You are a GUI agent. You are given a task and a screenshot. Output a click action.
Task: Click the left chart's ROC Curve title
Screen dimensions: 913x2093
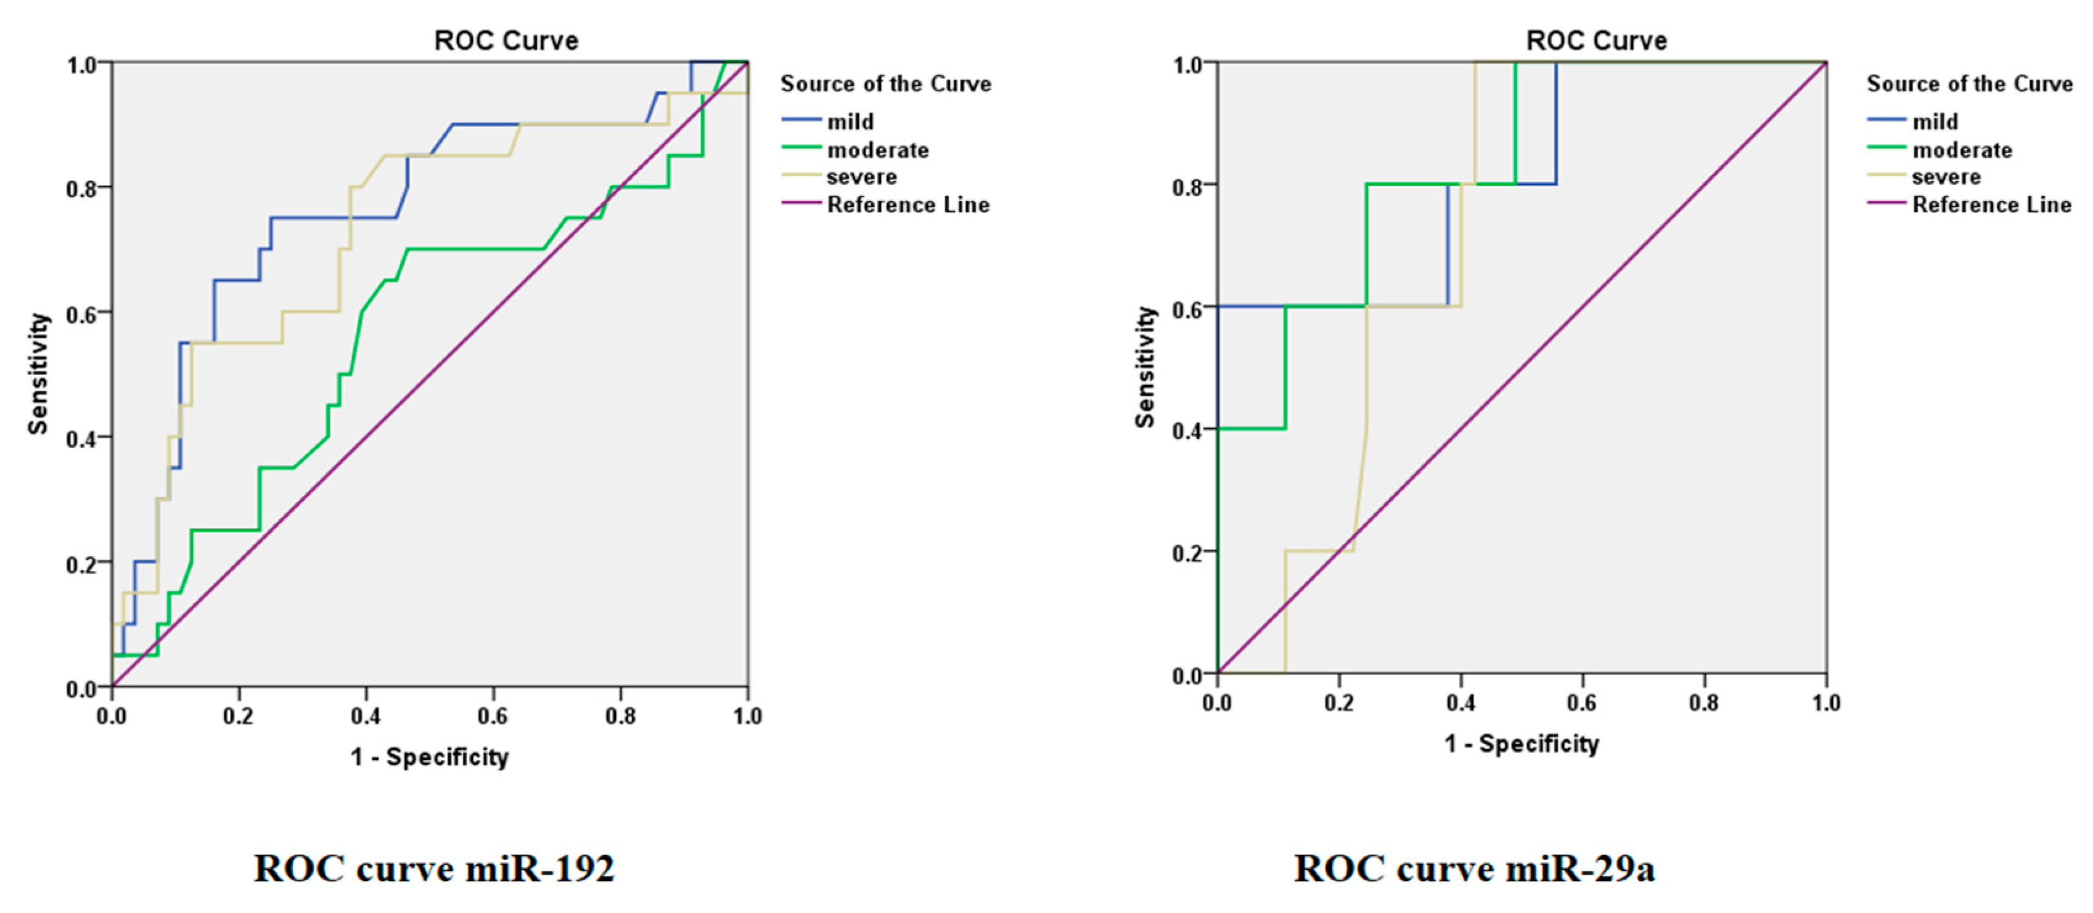click(506, 40)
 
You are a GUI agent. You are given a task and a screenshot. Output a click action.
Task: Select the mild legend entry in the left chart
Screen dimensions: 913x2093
click(850, 122)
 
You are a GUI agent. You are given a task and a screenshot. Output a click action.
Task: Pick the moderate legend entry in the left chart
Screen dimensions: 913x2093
click(877, 150)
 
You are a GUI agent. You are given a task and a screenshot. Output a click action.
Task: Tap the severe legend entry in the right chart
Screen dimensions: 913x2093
click(1945, 177)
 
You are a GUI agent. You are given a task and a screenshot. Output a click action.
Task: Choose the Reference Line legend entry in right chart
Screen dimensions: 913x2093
click(1991, 205)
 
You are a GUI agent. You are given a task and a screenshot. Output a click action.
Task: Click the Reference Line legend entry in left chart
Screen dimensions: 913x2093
click(907, 205)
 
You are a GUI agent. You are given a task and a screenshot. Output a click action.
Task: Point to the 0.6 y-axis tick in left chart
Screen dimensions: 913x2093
click(82, 314)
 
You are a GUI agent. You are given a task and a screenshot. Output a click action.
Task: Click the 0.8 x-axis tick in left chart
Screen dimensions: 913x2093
click(621, 716)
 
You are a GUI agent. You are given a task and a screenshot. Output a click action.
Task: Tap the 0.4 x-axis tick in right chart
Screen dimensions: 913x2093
click(1460, 703)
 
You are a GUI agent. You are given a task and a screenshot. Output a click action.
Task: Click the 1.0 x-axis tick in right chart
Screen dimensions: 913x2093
click(1825, 703)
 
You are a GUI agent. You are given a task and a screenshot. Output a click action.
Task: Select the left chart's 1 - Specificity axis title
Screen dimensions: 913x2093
click(429, 757)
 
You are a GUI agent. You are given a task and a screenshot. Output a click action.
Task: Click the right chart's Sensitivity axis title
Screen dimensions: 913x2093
click(1145, 367)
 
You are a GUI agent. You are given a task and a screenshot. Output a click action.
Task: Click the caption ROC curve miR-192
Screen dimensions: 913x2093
click(434, 868)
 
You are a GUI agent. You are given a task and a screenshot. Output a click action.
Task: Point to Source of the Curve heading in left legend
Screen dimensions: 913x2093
click(886, 84)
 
